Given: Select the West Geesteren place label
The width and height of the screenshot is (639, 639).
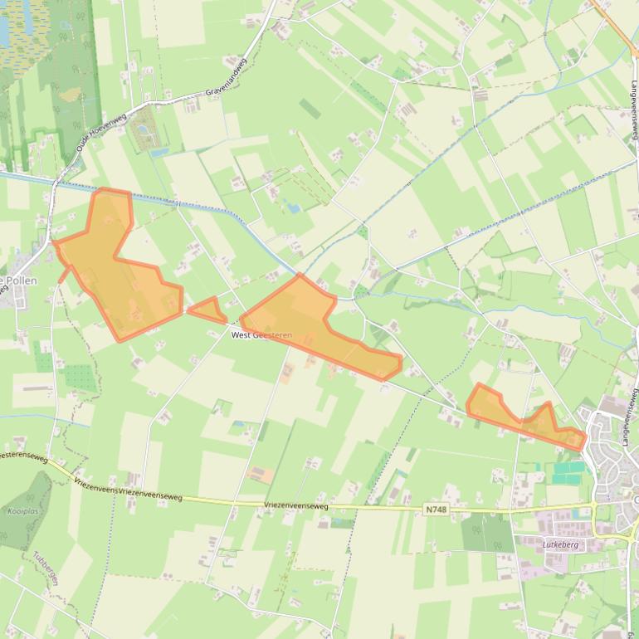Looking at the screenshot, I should [261, 335].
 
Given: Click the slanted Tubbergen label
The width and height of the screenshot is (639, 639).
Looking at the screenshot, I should [46, 568].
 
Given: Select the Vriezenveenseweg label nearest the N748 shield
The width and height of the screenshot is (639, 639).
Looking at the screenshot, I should [296, 505].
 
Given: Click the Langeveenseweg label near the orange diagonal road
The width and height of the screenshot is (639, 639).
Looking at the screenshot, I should [633, 108].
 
